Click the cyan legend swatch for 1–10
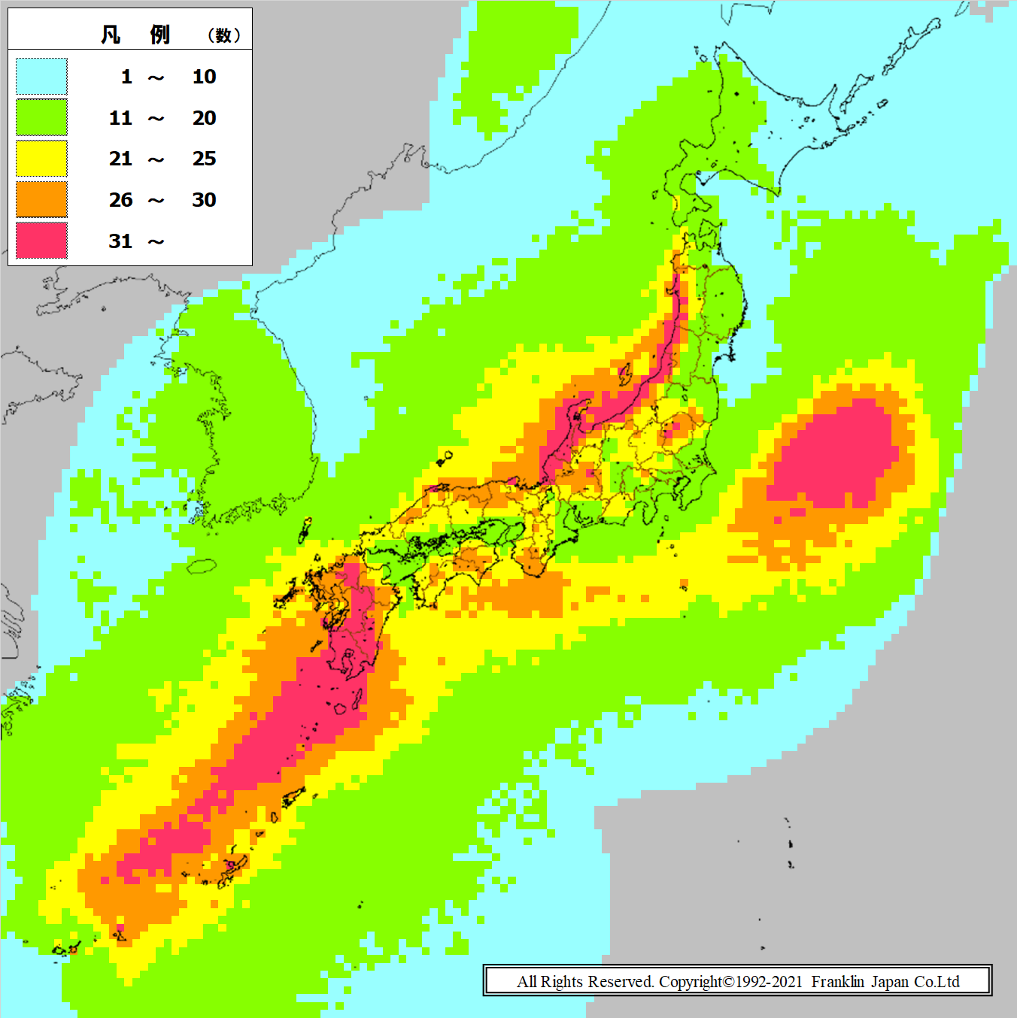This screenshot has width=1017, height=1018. coord(41,77)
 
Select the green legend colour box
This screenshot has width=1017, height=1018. coord(41,118)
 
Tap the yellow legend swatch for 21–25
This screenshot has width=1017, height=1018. coord(41,159)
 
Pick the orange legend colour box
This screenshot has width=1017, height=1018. coord(41,200)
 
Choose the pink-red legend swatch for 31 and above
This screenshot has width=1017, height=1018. coord(41,241)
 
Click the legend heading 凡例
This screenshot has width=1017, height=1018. coord(135,35)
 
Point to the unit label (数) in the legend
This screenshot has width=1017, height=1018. coord(223,35)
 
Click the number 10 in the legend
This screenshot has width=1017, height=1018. coord(204,77)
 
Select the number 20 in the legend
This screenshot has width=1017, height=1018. coord(204,118)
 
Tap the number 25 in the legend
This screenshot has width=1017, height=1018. coord(204,159)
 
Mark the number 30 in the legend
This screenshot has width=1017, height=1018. coord(204,200)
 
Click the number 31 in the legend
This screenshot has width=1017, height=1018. coord(120,241)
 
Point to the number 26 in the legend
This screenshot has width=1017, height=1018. coord(120,200)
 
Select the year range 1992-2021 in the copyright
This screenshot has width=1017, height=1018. coord(769,982)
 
